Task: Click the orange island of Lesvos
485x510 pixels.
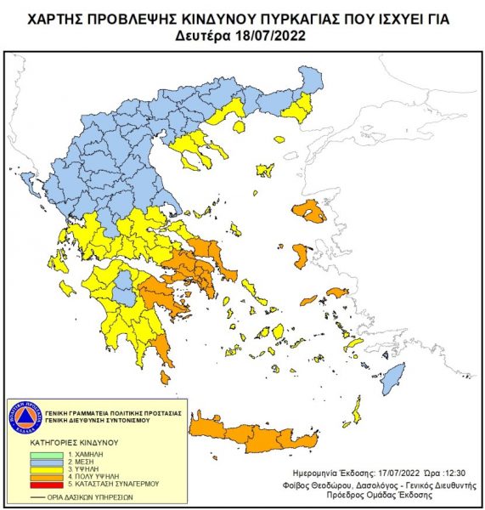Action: tap(309, 212)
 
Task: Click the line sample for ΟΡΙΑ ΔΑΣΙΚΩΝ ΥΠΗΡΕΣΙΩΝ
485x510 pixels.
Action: tap(40, 495)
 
